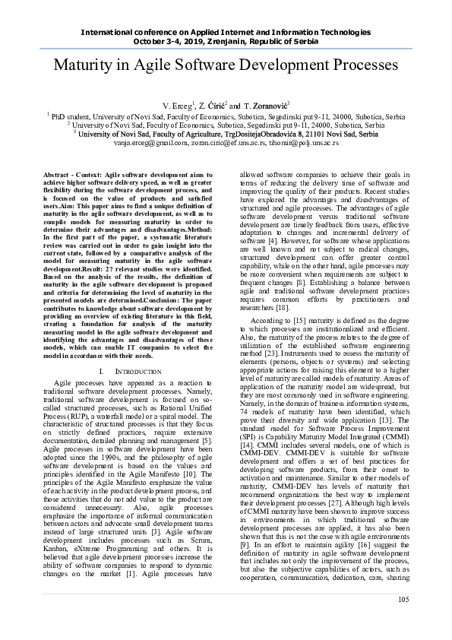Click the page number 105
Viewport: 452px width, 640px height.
(x=403, y=621)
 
